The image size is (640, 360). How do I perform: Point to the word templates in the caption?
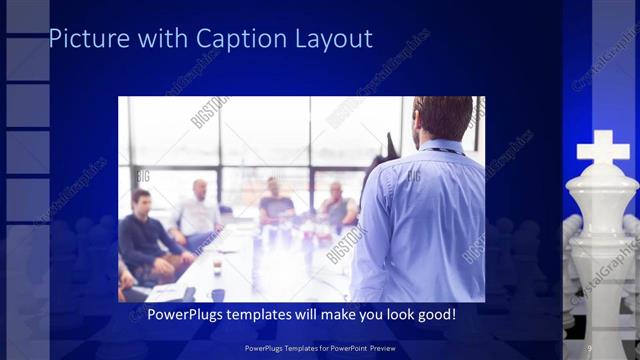coord(269,315)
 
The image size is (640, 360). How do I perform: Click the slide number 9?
coord(589,347)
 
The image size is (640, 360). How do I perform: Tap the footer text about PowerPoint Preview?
coord(319,347)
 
